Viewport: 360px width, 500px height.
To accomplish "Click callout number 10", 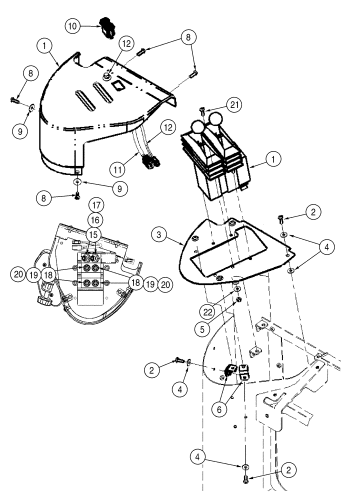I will pos(73,26).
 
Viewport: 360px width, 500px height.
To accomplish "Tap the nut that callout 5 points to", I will pos(239,299).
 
